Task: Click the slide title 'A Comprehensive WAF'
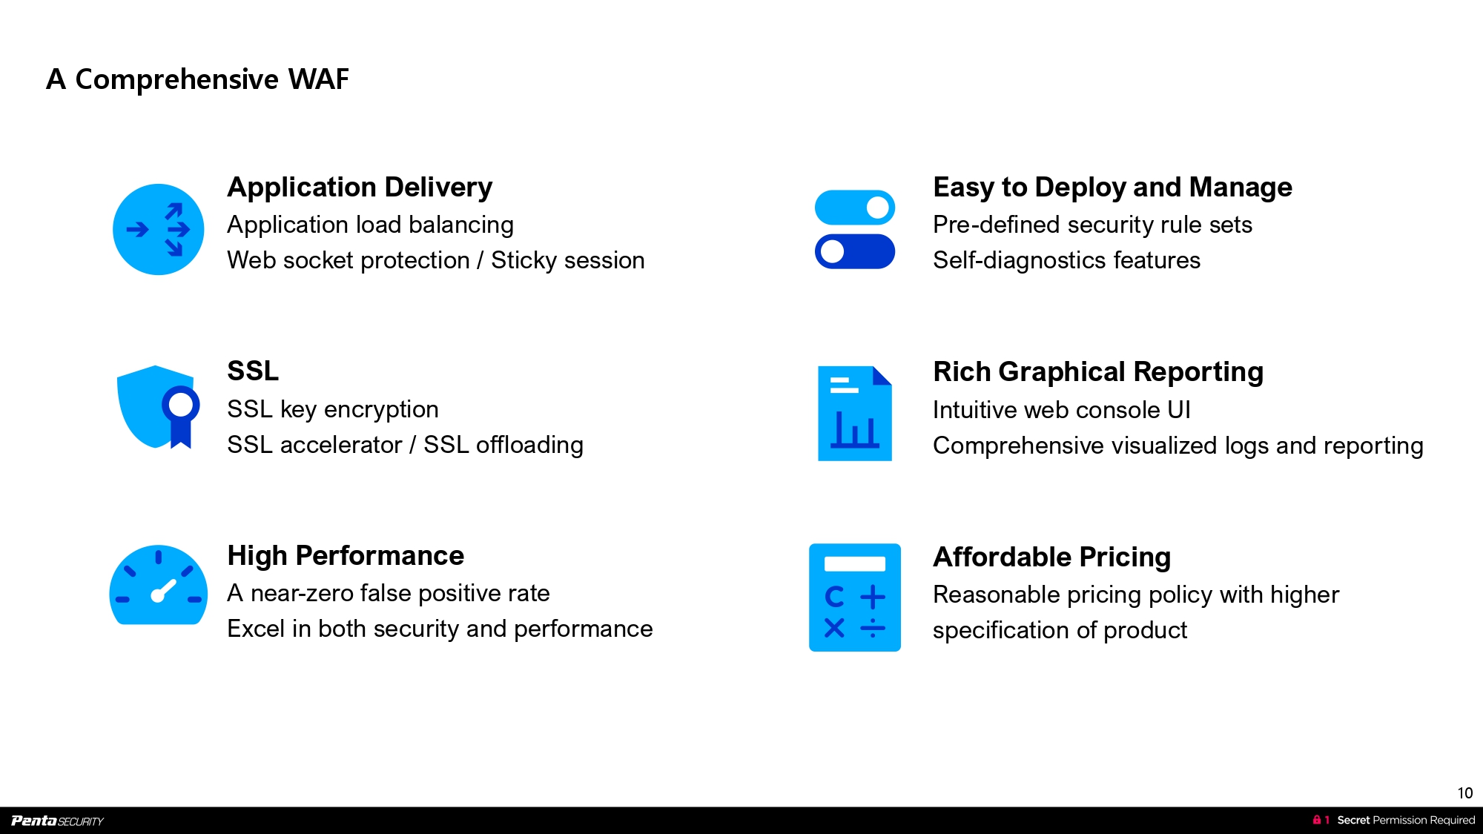(x=197, y=79)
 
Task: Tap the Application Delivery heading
(x=360, y=188)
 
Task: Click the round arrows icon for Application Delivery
(x=158, y=230)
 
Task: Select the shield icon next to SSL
(x=157, y=406)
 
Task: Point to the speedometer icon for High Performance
(x=158, y=586)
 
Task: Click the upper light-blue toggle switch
(x=854, y=208)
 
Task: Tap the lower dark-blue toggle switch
(x=854, y=251)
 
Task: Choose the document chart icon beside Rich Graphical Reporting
(x=854, y=413)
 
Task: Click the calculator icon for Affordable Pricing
(x=854, y=598)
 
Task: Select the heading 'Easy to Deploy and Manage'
(x=1112, y=188)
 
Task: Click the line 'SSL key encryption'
(x=332, y=409)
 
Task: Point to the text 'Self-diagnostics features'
(x=1066, y=260)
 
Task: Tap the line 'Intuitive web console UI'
(x=1061, y=410)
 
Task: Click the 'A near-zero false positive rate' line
(x=388, y=593)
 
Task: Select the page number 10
(x=1464, y=793)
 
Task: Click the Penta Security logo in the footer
(x=57, y=821)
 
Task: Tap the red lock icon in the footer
(x=1316, y=820)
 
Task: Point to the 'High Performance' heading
(x=346, y=555)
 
